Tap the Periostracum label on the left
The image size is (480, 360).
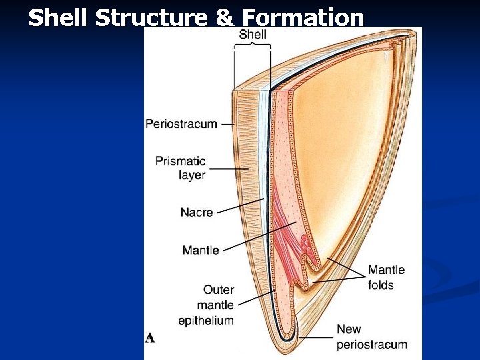pyautogui.click(x=181, y=123)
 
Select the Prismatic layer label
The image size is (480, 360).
pyautogui.click(x=181, y=167)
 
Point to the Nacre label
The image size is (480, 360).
pyautogui.click(x=197, y=213)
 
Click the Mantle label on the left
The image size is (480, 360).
pyautogui.click(x=201, y=251)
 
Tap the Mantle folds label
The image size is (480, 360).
pyautogui.click(x=386, y=277)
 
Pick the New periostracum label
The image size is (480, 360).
pyautogui.click(x=371, y=337)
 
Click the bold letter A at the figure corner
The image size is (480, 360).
pyautogui.click(x=150, y=338)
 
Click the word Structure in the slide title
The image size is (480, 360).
pyautogui.click(x=151, y=18)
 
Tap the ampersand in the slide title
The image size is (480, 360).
pyautogui.click(x=223, y=18)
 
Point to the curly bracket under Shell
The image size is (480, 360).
pyautogui.click(x=253, y=46)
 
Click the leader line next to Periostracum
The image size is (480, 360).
pyautogui.click(x=228, y=124)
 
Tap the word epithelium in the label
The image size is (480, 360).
pyautogui.click(x=206, y=321)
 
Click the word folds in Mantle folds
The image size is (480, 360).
pyautogui.click(x=381, y=285)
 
